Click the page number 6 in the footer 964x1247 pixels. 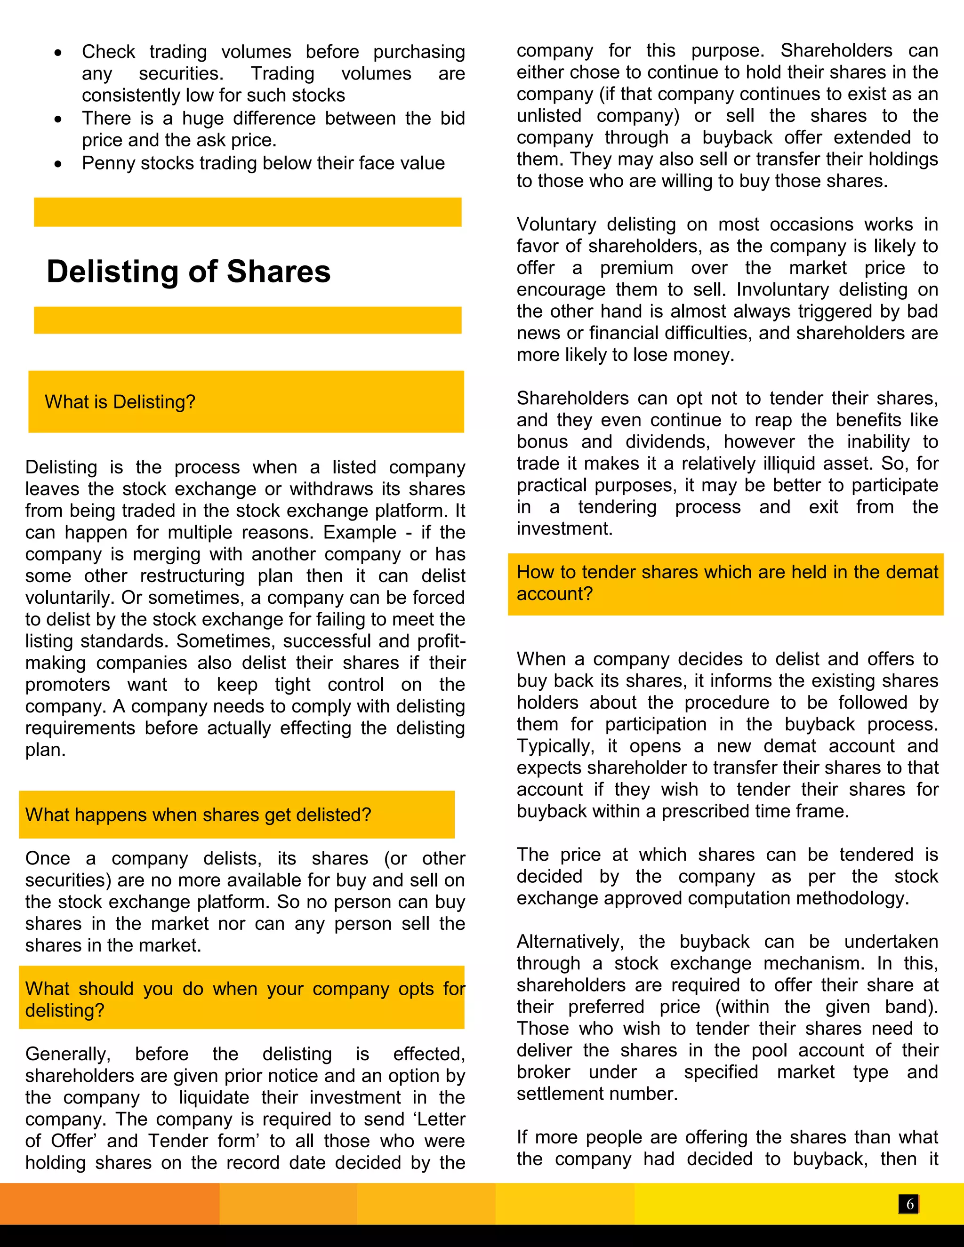point(909,1204)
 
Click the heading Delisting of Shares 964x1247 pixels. point(188,271)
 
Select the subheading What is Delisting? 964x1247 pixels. point(120,402)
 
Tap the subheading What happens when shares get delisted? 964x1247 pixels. point(198,815)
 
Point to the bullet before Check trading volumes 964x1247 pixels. point(58,53)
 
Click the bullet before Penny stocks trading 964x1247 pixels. point(58,164)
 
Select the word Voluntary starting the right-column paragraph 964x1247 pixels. point(556,224)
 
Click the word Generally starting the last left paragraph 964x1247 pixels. point(67,1054)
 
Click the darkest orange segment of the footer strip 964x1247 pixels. point(109,1204)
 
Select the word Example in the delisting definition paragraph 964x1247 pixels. point(359,533)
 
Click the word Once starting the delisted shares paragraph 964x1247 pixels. point(48,859)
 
